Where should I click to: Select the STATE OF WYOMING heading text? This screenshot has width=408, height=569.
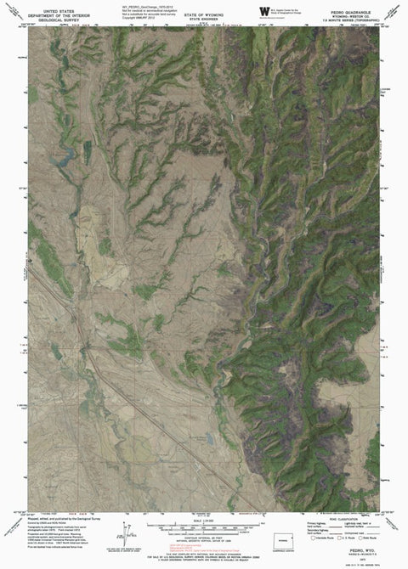click(205, 5)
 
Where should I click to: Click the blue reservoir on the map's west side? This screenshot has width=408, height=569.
click(60, 155)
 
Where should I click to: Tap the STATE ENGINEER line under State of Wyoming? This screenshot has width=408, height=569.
click(205, 14)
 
